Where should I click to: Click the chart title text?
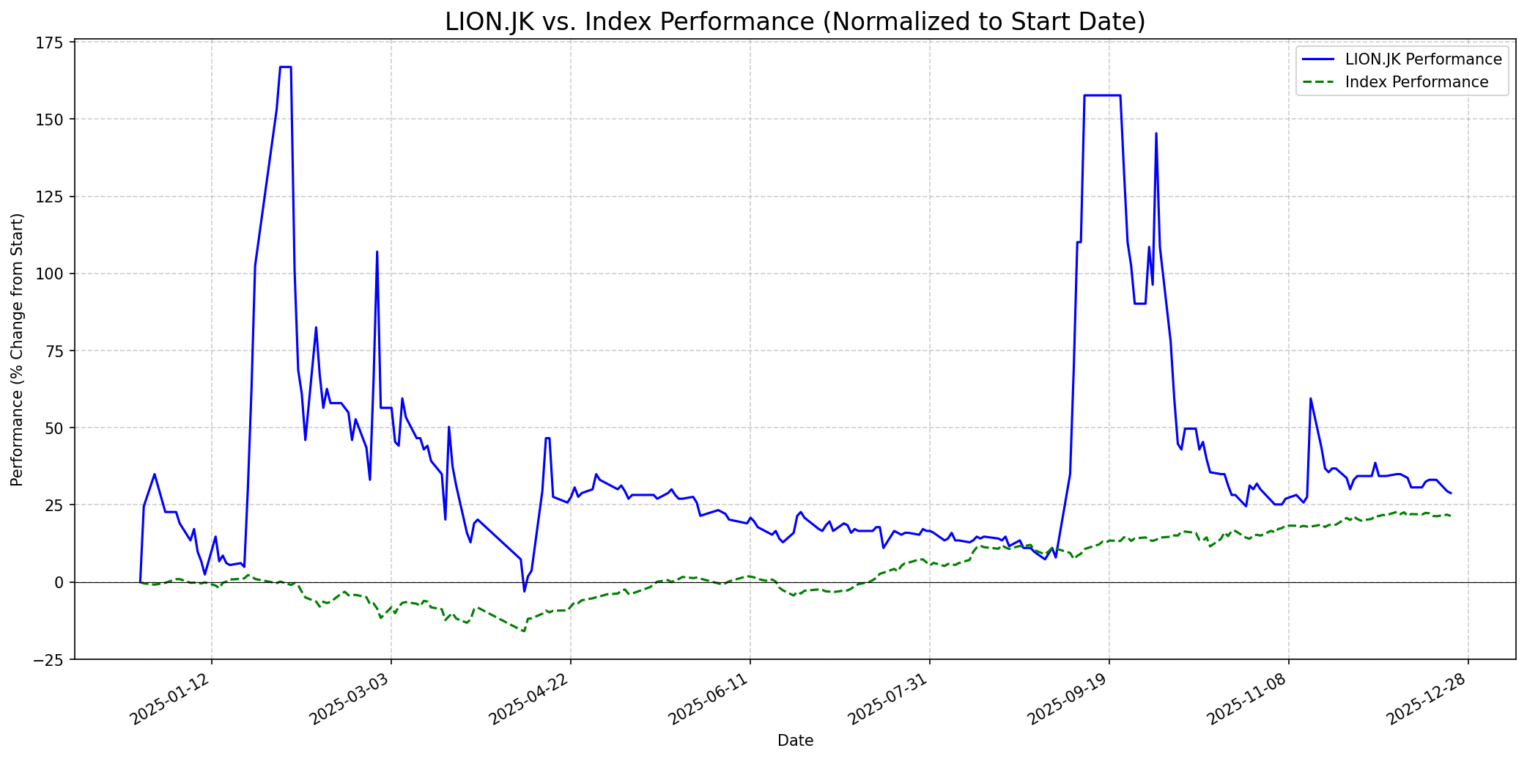click(795, 22)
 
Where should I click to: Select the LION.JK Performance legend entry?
click(1423, 59)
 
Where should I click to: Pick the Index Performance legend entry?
click(1416, 82)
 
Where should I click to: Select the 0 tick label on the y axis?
click(62, 582)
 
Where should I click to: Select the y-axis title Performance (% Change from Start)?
click(17, 349)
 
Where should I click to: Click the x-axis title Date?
click(795, 741)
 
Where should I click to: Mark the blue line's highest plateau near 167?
click(286, 67)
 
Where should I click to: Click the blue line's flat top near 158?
click(1102, 95)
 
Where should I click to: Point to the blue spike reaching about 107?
click(377, 252)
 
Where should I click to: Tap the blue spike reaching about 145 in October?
click(1156, 133)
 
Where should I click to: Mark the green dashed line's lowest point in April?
click(523, 631)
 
